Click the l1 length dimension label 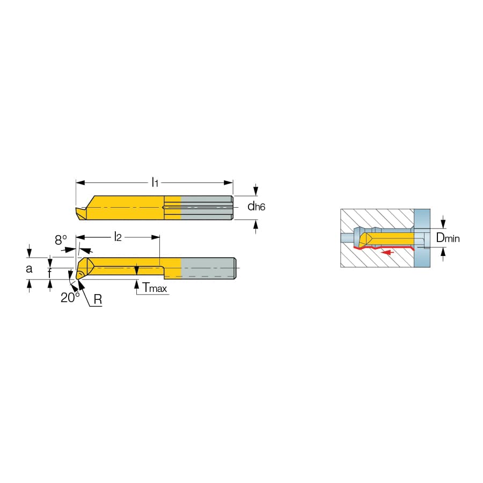coord(155,182)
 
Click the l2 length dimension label coord(118,237)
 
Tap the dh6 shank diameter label coord(257,207)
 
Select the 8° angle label coord(61,240)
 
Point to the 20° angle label coord(70,297)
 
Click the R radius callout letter coord(98,299)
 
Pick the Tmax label coord(155,288)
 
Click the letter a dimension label coord(29,269)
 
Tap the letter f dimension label coord(49,273)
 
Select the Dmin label coord(448,238)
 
